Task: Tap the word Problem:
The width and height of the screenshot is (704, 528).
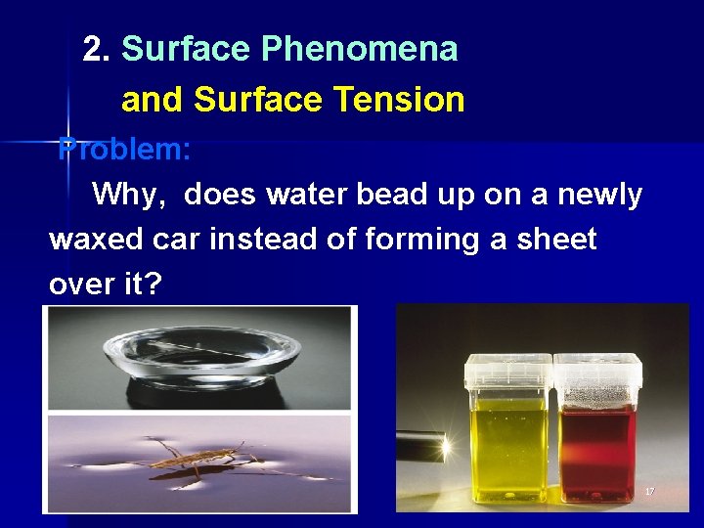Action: coord(125,150)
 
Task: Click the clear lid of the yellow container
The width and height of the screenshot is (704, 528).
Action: coord(508,369)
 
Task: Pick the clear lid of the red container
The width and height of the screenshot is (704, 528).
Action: coord(597,369)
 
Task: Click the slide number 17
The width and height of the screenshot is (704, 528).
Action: coord(649,491)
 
